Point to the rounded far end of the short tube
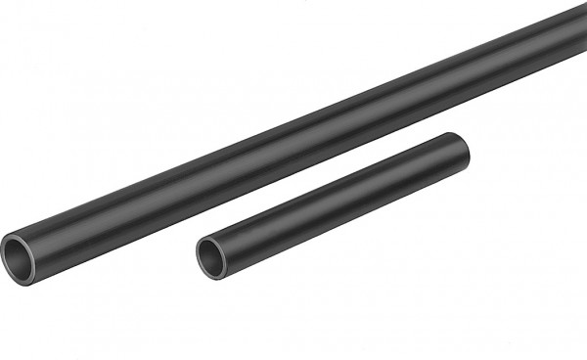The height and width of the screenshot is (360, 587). point(467,150)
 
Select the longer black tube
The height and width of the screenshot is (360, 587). point(293,147)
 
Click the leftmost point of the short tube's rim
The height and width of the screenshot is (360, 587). point(196,257)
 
